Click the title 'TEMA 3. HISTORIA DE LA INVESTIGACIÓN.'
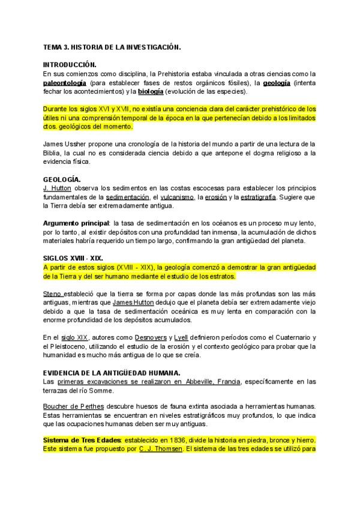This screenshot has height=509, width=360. (x=112, y=46)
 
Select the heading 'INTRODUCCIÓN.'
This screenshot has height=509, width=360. (x=70, y=64)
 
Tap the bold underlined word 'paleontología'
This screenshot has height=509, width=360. (x=65, y=82)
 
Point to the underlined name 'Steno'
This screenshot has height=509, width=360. (x=53, y=294)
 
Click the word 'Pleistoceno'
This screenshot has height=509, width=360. (x=70, y=347)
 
